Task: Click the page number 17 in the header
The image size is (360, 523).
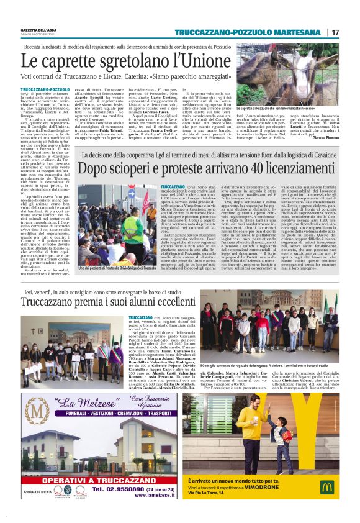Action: (336, 32)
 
